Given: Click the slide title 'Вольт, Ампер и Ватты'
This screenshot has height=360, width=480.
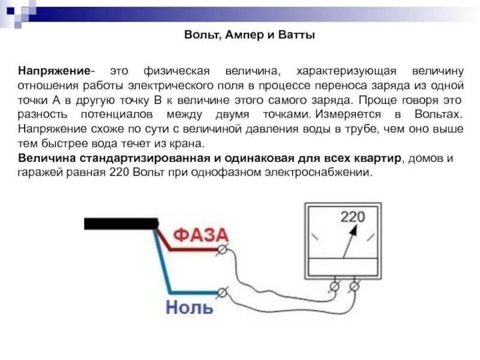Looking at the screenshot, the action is point(249,35).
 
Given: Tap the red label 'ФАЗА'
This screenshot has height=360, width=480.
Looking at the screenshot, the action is point(200,235).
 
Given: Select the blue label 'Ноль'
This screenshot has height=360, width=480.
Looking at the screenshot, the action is point(189,308).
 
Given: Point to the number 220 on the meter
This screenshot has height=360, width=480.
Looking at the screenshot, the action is point(353,217).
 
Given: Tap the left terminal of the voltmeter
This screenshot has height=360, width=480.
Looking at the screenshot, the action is point(334,287).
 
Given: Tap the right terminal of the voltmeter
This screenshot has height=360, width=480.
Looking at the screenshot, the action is point(355,287).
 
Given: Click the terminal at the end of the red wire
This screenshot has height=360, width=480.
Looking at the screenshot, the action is point(223,248).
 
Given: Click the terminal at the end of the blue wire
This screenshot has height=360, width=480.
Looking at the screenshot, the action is point(223,292).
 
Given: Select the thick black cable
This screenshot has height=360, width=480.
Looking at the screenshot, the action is point(120,224).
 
